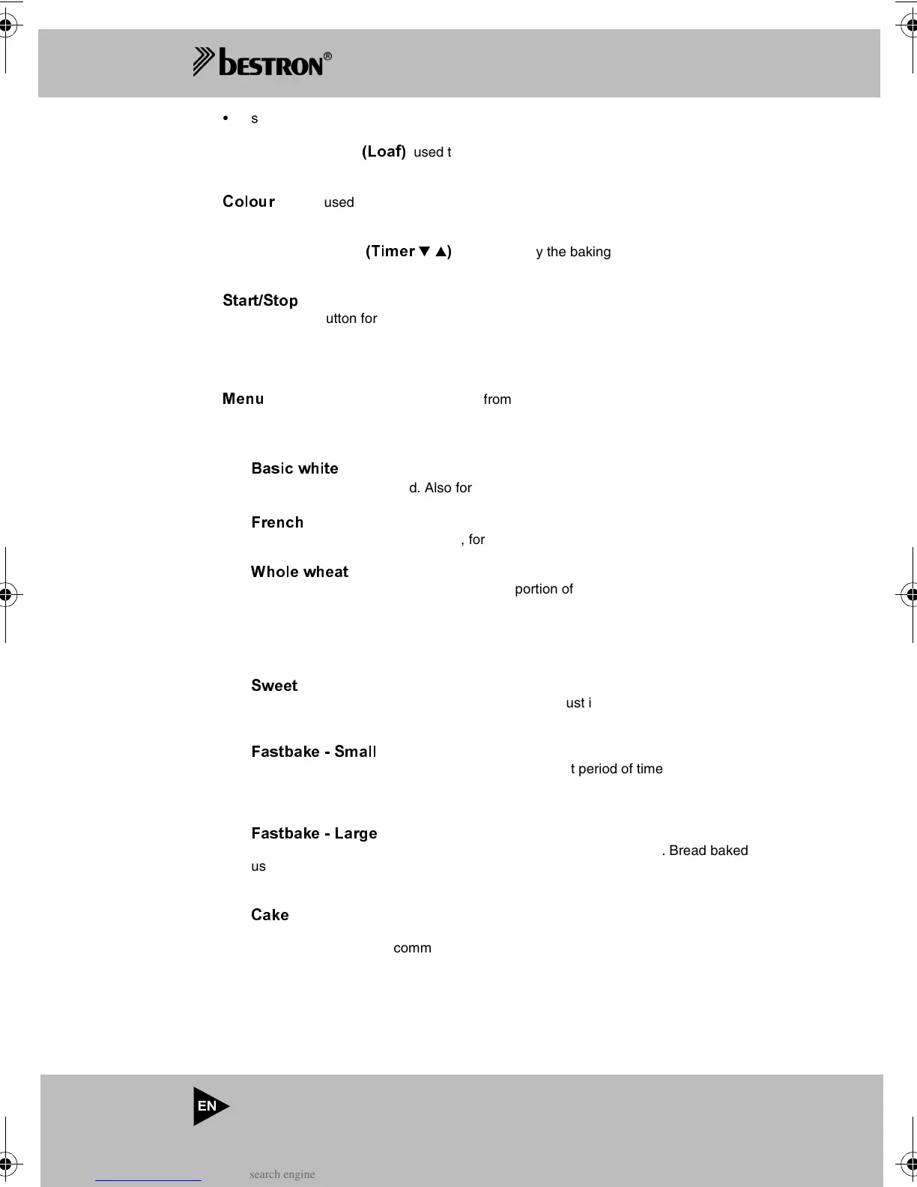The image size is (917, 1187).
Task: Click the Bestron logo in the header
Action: pyautogui.click(x=260, y=62)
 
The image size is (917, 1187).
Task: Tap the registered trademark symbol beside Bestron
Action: pyautogui.click(x=327, y=57)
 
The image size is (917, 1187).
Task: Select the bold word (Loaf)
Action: pyautogui.click(x=384, y=151)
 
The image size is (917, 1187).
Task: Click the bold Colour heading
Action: pyautogui.click(x=249, y=202)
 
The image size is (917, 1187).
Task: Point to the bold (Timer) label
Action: pyautogui.click(x=408, y=251)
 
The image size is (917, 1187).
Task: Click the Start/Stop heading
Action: pyautogui.click(x=260, y=300)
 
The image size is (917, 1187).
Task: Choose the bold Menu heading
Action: pyautogui.click(x=243, y=399)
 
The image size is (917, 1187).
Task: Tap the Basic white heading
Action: pyautogui.click(x=294, y=468)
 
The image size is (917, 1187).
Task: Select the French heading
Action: pyautogui.click(x=277, y=522)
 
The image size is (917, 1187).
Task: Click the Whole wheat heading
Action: pyautogui.click(x=300, y=572)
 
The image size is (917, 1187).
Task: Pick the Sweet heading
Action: pyautogui.click(x=274, y=686)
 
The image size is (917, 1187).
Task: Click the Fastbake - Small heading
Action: pyautogui.click(x=314, y=752)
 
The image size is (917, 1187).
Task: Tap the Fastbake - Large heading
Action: pyautogui.click(x=314, y=833)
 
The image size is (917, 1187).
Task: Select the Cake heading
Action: pyautogui.click(x=270, y=915)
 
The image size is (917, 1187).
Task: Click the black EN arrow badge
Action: pyautogui.click(x=210, y=1106)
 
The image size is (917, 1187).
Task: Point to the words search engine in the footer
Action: pyautogui.click(x=282, y=1174)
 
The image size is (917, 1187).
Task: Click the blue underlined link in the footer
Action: pyautogui.click(x=148, y=1176)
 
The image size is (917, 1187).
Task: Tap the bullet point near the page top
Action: pyautogui.click(x=226, y=118)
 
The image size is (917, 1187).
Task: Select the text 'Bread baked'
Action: pyautogui.click(x=708, y=851)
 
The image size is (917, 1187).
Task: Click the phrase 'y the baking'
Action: pyautogui.click(x=573, y=252)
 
